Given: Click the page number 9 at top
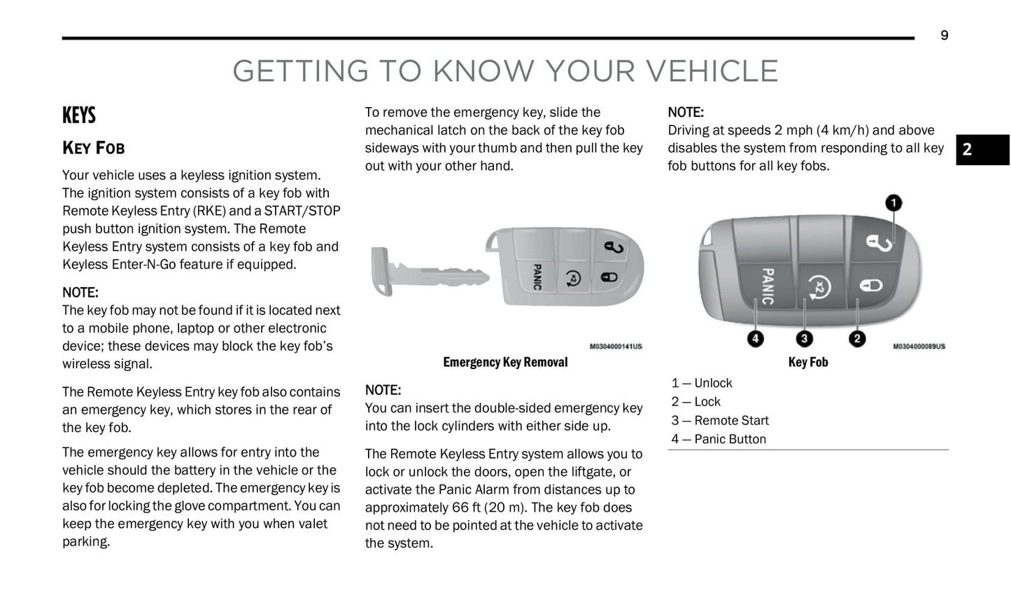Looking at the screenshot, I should [944, 36].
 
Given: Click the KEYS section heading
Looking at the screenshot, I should [79, 116].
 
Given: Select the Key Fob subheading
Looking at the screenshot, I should [94, 148].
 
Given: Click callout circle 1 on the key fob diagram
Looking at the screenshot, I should [893, 203].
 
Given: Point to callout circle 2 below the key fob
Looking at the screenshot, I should [857, 339].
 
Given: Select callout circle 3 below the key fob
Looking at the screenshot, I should [804, 339].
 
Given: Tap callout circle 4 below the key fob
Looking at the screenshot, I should [755, 339].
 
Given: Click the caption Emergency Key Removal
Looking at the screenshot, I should [505, 362].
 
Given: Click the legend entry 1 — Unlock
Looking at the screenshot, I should [702, 383].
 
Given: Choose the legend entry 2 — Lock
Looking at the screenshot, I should [695, 402].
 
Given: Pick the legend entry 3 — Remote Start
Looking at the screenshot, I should [720, 421].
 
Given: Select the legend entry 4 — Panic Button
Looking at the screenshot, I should [719, 440].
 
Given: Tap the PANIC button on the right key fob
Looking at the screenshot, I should [768, 286].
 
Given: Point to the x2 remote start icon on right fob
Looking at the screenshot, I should [819, 286].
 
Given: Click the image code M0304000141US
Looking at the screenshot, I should [616, 347].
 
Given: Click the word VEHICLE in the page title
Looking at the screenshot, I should [711, 71].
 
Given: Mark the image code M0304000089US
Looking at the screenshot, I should [919, 347].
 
